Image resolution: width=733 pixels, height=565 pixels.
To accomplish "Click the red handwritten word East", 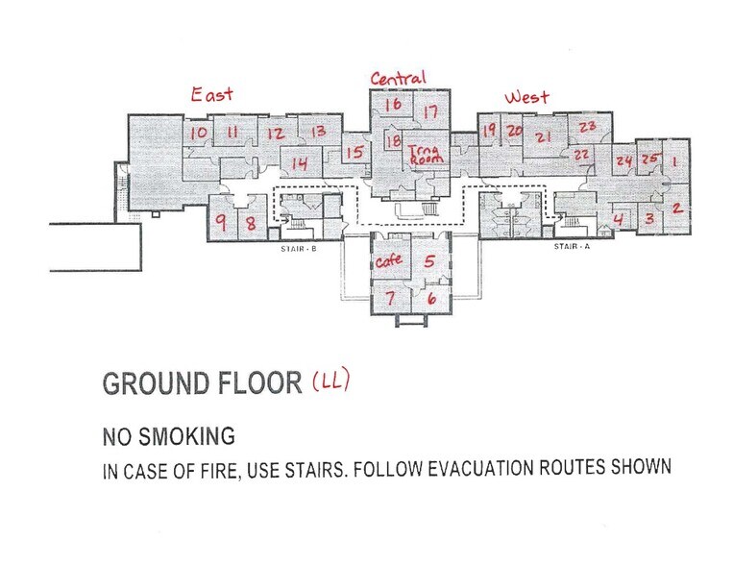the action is click(211, 94).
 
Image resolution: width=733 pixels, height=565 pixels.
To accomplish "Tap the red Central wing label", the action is click(399, 78).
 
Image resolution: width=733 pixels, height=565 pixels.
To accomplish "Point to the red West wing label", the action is click(526, 97).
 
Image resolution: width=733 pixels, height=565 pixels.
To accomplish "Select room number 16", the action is click(393, 104).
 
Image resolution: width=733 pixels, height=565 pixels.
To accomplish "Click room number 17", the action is click(430, 111).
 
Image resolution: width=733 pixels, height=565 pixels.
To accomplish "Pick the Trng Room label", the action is click(426, 155).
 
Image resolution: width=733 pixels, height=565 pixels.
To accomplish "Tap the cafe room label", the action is click(388, 260).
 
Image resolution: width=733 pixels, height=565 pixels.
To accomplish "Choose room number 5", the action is click(429, 260).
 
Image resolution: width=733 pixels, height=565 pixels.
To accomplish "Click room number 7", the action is click(390, 298).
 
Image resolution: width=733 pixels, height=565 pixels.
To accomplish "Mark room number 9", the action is click(222, 221).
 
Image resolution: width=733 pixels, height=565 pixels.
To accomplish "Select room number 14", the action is click(300, 163).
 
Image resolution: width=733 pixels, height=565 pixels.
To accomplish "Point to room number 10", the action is click(198, 133).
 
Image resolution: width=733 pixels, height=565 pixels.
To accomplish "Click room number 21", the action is click(543, 137).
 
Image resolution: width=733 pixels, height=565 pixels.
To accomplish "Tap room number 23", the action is click(588, 127).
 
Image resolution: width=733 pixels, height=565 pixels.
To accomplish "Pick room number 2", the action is click(677, 208).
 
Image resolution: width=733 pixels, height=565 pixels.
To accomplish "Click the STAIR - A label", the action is click(572, 246).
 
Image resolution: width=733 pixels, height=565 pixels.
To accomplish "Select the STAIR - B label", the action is click(298, 249).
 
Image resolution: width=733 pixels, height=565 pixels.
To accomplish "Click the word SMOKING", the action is click(187, 436).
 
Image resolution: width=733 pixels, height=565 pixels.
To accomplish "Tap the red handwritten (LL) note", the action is click(331, 381).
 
